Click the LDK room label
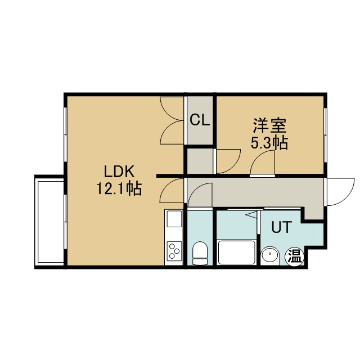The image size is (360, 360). click(119, 172)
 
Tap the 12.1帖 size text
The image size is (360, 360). click(119, 189)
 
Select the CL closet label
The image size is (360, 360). click(200, 120)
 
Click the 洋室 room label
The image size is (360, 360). click(270, 125)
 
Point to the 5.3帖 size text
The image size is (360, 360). click(269, 143)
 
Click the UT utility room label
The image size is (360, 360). click(281, 227)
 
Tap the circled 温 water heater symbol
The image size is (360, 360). click(294, 258)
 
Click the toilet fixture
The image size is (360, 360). click(200, 253)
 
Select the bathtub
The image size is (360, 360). click(237, 253)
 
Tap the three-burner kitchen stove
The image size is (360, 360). click(174, 251)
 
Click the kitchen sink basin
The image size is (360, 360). click(174, 219)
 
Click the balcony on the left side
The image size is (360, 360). click(49, 222)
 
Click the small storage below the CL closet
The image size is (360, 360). click(200, 161)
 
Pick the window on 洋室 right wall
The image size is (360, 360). click(325, 135)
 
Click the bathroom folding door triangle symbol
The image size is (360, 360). click(252, 215)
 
